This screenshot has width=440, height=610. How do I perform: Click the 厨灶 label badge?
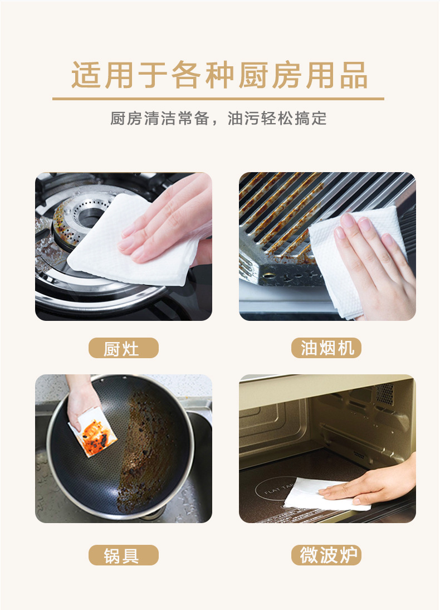(123, 348)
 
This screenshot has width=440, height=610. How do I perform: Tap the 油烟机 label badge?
(326, 348)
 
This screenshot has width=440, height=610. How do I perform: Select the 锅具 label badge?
(123, 555)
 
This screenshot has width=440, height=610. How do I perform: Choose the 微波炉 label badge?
(326, 555)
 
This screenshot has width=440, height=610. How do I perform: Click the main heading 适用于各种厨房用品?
(219, 75)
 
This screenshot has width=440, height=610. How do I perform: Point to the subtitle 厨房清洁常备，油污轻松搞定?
(218, 118)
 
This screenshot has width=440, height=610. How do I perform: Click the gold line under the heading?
(218, 99)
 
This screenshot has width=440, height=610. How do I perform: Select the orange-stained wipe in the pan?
(92, 433)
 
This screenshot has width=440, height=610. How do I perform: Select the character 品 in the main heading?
(354, 75)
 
